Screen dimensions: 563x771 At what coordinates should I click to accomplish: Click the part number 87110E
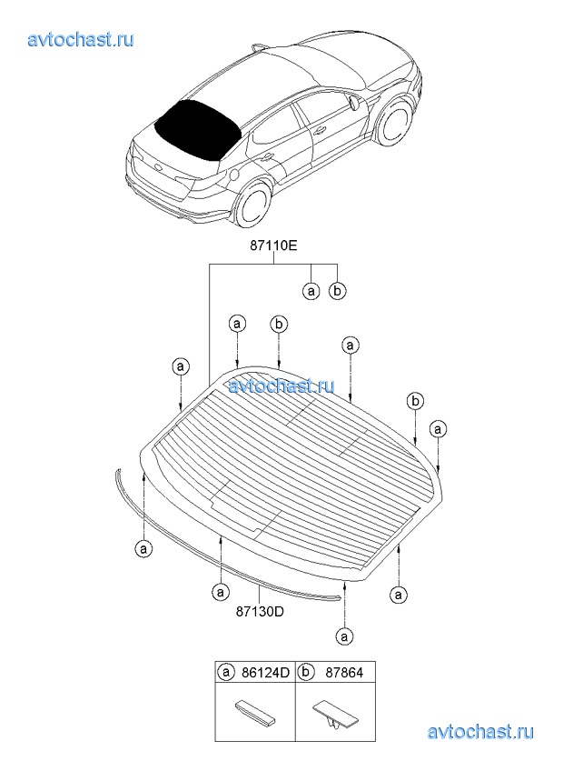273,246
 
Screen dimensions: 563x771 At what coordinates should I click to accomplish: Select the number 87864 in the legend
344,672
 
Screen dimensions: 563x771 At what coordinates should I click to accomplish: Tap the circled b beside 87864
306,672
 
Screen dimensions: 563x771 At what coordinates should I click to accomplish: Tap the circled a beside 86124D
226,672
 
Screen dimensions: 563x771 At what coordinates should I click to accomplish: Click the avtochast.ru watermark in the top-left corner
81,39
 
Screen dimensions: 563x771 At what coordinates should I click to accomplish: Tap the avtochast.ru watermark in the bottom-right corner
480,732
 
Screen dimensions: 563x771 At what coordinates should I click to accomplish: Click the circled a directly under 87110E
311,292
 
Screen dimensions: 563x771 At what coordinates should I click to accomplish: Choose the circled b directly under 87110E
337,291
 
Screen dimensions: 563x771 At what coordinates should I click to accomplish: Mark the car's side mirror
355,102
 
